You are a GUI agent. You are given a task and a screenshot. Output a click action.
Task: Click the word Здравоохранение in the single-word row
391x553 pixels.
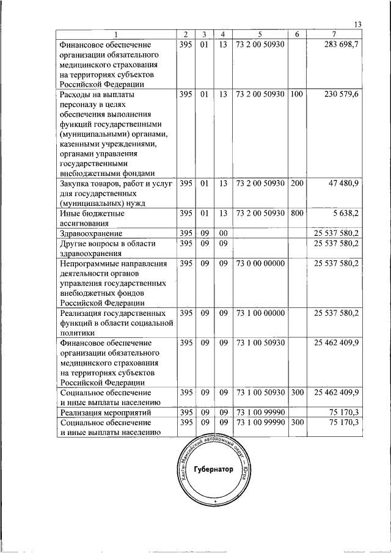pos(90,233)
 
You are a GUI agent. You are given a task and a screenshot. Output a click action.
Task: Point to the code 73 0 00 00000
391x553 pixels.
pos(260,263)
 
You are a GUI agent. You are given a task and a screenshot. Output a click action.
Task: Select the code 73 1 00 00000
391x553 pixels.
pos(260,313)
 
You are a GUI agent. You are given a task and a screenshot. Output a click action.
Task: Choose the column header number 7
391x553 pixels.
pos(334,34)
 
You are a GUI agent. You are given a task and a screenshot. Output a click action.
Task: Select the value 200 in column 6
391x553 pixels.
pos(297,183)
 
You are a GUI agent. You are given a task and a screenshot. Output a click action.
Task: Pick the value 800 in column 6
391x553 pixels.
pos(297,213)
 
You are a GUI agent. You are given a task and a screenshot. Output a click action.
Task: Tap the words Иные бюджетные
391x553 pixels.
pos(92,213)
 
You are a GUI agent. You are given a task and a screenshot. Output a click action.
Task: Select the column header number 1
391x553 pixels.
pos(115,34)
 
